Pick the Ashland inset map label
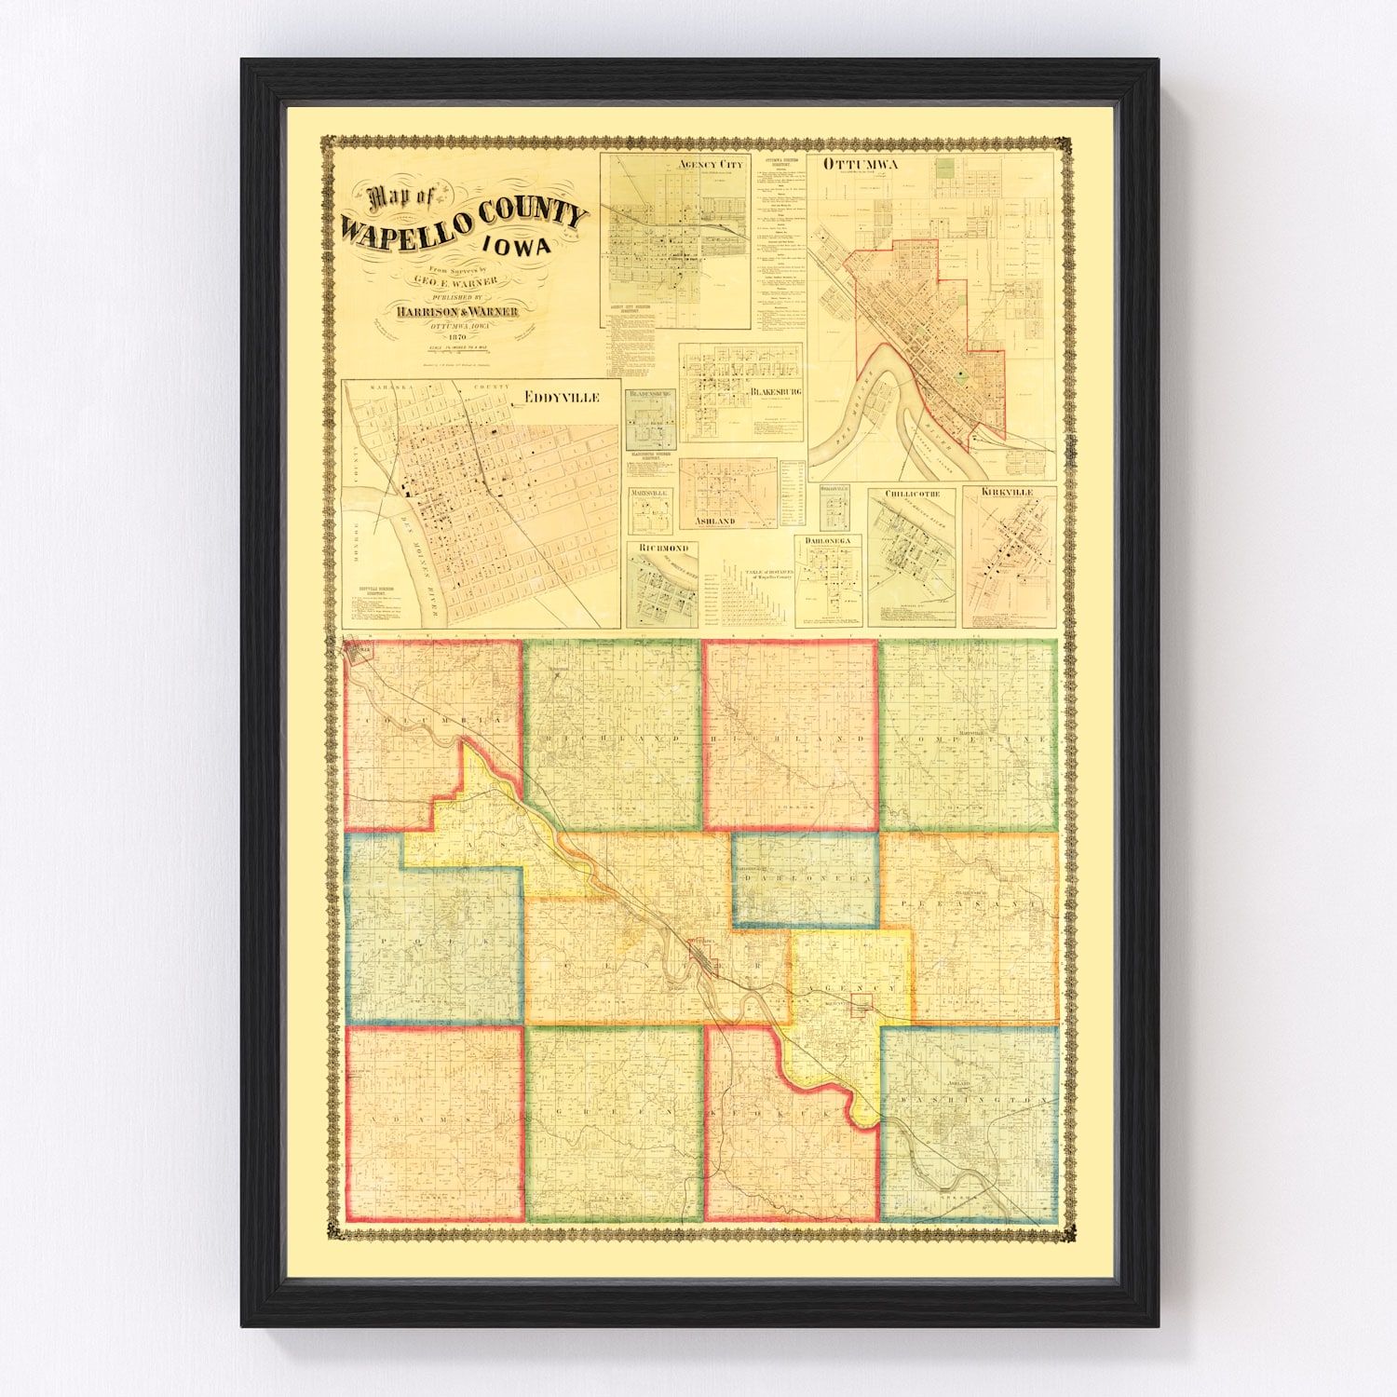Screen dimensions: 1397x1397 [714, 521]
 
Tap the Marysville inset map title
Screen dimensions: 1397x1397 [650, 492]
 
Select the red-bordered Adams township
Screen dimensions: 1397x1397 [432, 1117]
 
